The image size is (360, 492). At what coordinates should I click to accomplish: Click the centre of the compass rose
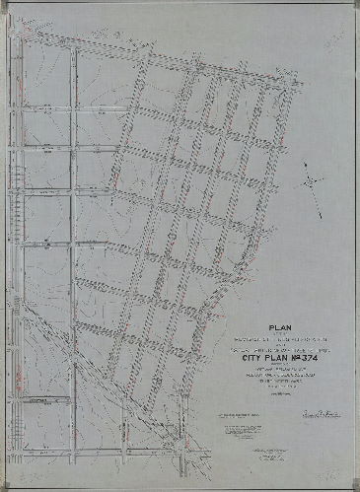(311, 182)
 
